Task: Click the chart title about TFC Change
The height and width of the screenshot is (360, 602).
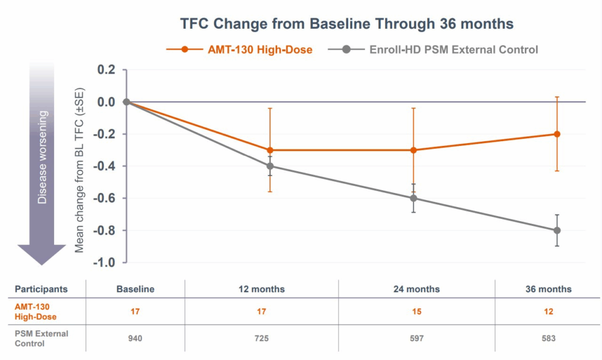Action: click(x=346, y=24)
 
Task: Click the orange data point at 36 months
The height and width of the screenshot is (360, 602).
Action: click(x=557, y=134)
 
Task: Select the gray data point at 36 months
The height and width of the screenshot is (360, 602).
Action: click(x=557, y=230)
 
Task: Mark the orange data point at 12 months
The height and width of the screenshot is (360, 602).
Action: click(x=270, y=150)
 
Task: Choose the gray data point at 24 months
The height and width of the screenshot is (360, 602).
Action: click(x=413, y=198)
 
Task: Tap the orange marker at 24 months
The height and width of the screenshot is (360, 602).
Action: click(x=413, y=150)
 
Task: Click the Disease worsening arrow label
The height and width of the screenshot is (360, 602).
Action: click(x=42, y=156)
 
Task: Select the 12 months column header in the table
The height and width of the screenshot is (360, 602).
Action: click(x=262, y=289)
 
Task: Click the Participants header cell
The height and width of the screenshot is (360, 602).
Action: click(x=41, y=289)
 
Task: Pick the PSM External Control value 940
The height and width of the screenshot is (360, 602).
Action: click(x=135, y=338)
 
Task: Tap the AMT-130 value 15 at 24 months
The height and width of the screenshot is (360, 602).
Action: click(x=417, y=312)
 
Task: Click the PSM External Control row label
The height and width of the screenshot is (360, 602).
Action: click(x=41, y=338)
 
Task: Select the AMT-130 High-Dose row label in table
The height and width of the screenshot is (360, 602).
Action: click(x=36, y=312)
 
